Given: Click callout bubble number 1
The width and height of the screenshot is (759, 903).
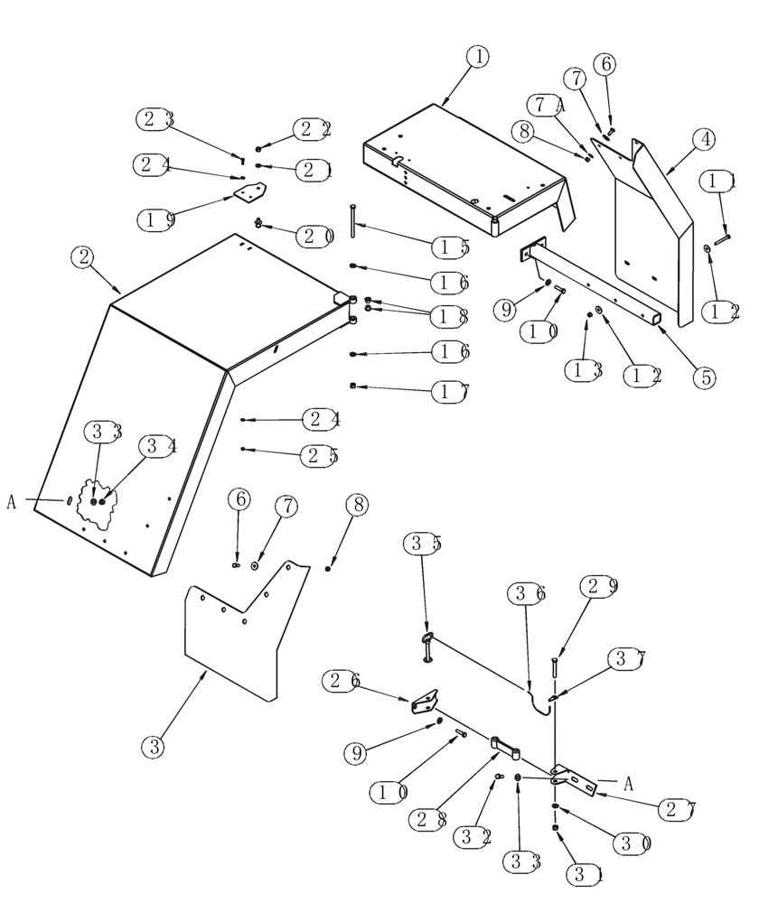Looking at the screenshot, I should [478, 56].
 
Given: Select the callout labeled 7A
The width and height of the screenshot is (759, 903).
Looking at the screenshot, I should [549, 105].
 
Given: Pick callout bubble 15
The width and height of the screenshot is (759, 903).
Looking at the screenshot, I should [449, 246].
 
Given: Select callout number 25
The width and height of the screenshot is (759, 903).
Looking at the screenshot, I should [322, 456].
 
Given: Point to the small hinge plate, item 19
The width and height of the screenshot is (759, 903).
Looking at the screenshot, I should [249, 193].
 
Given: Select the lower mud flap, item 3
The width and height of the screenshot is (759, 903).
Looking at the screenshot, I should [230, 637].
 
